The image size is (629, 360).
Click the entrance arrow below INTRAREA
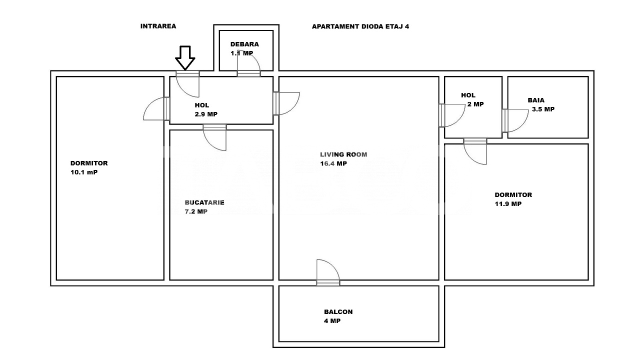click(x=185, y=57)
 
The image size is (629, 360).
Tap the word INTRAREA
click(x=158, y=26)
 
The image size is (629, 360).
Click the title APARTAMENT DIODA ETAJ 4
click(x=360, y=26)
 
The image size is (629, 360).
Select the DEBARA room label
click(x=244, y=44)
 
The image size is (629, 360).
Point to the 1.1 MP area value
click(x=241, y=53)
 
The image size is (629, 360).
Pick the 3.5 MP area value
click(x=543, y=109)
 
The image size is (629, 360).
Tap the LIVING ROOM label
click(x=343, y=154)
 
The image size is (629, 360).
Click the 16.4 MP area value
click(x=333, y=163)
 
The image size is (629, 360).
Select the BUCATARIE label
click(x=204, y=202)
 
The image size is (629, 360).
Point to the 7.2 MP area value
click(x=196, y=211)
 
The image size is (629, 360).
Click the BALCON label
click(x=338, y=311)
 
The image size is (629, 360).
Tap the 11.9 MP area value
click(x=508, y=204)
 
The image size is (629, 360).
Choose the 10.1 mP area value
click(x=84, y=172)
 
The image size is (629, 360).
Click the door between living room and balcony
click(x=328, y=274)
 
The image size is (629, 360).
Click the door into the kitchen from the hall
click(x=215, y=136)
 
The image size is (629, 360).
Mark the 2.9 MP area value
click(x=206, y=114)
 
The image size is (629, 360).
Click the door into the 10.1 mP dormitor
click(x=156, y=108)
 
